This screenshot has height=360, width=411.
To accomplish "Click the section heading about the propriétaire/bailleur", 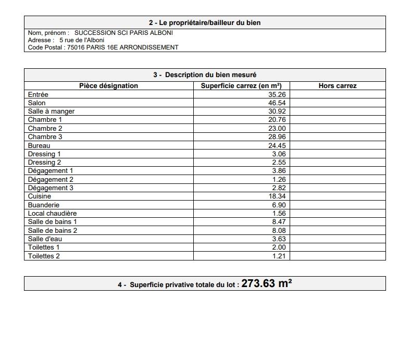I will [x=205, y=23].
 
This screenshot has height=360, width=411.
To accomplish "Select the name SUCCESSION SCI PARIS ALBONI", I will [x=123, y=33].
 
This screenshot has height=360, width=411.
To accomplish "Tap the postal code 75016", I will [x=76, y=47].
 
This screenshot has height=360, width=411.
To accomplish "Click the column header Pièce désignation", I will [x=108, y=86].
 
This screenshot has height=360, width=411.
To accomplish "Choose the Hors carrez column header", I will [x=337, y=86].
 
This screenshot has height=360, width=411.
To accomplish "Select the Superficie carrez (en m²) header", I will [x=241, y=86].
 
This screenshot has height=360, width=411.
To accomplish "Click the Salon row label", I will [x=37, y=103].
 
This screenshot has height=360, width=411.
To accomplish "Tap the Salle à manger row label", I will [x=51, y=111].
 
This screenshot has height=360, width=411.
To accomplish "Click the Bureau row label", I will [x=39, y=145].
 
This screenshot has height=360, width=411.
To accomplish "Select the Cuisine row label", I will [x=40, y=196].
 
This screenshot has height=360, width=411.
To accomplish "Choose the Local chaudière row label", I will [x=52, y=214].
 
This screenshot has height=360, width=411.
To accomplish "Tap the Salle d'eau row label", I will [x=45, y=239].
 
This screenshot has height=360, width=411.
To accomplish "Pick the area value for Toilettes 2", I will [x=279, y=256].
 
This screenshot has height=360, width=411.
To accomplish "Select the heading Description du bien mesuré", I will [x=205, y=75].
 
